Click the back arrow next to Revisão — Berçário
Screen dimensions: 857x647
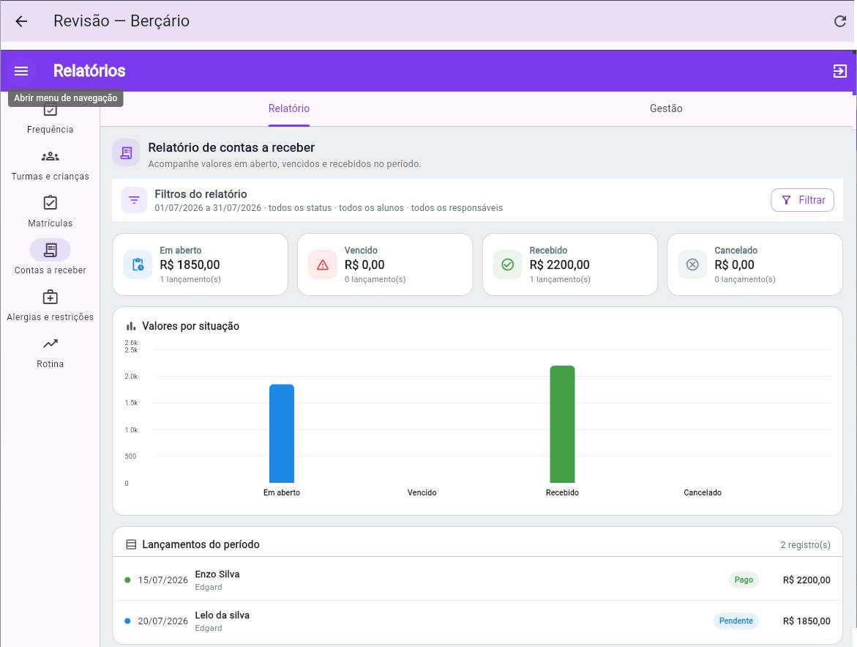[x=21, y=21]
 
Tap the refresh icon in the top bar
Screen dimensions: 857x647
[x=840, y=21]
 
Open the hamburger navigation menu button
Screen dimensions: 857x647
[x=21, y=71]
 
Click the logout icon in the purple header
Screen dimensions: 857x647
[x=840, y=71]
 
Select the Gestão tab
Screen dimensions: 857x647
[x=666, y=108]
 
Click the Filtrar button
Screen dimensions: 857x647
[x=802, y=200]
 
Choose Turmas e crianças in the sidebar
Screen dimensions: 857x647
[x=50, y=166]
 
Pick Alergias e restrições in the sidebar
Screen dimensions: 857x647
[x=50, y=306]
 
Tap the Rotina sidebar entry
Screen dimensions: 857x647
[x=50, y=354]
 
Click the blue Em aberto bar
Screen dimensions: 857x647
[x=282, y=434]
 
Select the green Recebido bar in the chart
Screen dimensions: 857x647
[x=562, y=424]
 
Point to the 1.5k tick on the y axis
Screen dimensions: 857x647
[x=131, y=403]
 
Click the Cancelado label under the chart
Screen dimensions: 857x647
[x=703, y=492]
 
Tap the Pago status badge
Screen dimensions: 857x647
[x=744, y=580]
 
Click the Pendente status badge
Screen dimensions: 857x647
[x=736, y=621]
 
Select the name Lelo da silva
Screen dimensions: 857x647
[x=222, y=615]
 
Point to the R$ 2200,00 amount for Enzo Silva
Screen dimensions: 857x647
[x=807, y=580]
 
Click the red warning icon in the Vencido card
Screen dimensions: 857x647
[x=323, y=265]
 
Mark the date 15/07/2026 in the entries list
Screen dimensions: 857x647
[x=163, y=580]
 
